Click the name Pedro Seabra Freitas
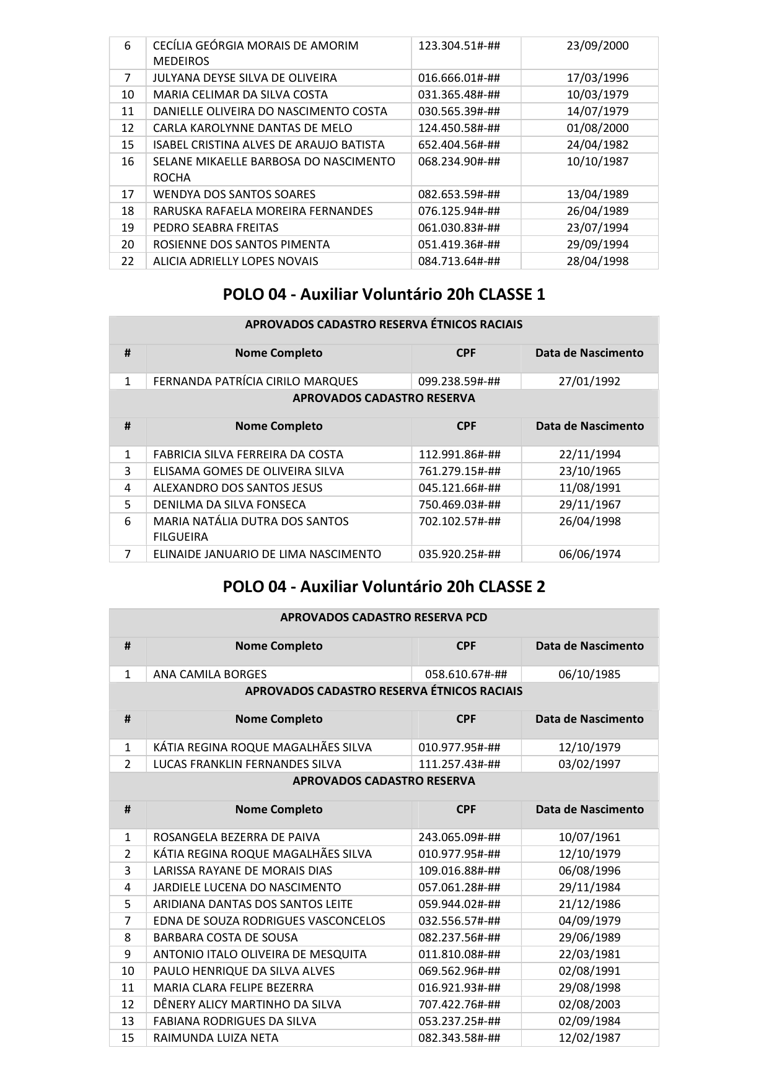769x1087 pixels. pyautogui.click(x=216, y=227)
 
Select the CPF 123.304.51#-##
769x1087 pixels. pyautogui.click(x=459, y=45)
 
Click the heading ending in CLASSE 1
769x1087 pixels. pyautogui.click(x=384, y=294)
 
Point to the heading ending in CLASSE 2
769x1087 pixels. pyautogui.click(x=384, y=587)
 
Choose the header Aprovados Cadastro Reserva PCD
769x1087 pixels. pyautogui.click(x=384, y=617)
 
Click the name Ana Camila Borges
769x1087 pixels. pyautogui.click(x=210, y=674)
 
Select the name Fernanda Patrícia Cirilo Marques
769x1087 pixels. pyautogui.click(x=255, y=381)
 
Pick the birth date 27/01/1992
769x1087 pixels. pyautogui.click(x=589, y=381)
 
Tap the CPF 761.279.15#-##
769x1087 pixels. pyautogui.click(x=459, y=471)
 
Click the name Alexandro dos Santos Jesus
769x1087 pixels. pyautogui.click(x=238, y=487)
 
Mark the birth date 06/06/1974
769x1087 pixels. pyautogui.click(x=589, y=554)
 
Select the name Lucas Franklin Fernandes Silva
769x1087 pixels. pyautogui.click(x=247, y=764)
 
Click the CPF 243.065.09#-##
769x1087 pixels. pyautogui.click(x=459, y=837)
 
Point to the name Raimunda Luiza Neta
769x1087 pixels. pyautogui.click(x=216, y=1037)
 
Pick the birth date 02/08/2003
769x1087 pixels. pyautogui.click(x=589, y=1004)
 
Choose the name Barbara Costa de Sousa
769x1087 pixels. pyautogui.click(x=226, y=937)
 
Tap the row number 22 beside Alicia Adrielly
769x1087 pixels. pyautogui.click(x=128, y=261)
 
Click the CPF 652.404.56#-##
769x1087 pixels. pyautogui.click(x=459, y=144)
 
